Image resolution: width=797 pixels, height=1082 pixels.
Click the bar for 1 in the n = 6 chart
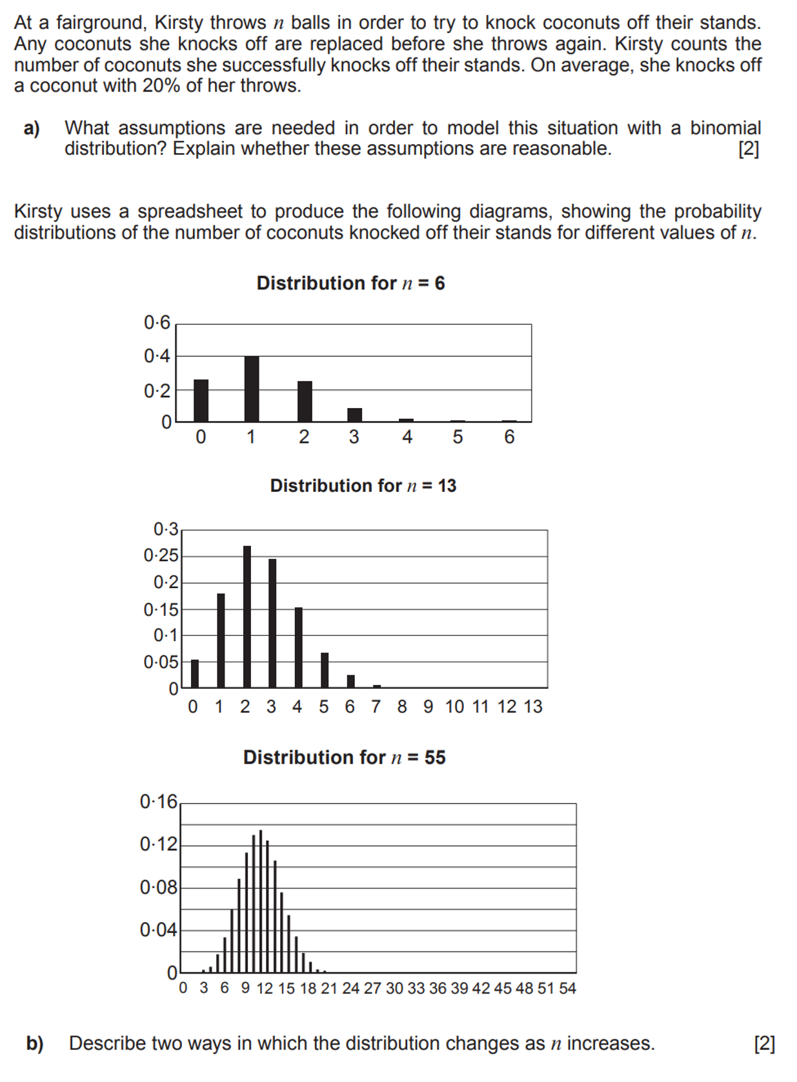coord(252,389)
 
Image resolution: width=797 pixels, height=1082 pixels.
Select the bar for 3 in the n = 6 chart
coord(354,415)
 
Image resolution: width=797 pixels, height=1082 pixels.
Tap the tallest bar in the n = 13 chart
coord(247,617)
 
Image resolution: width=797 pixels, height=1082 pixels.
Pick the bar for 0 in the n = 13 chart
coord(195,673)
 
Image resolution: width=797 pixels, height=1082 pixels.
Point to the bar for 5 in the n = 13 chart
coord(325,670)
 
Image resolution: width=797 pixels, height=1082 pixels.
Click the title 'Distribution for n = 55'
coord(344,757)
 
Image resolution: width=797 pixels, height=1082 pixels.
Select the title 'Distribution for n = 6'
coord(350,283)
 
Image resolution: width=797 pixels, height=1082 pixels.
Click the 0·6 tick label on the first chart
coord(157,322)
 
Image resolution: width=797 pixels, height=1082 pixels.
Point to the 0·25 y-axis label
coord(161,556)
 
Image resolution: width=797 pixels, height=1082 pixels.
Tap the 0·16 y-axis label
coord(158,802)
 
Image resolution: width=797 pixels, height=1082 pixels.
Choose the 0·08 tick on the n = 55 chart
coord(158,888)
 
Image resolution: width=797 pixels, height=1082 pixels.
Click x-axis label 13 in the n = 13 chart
coord(533,707)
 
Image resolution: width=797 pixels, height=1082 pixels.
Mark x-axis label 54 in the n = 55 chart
coord(567,988)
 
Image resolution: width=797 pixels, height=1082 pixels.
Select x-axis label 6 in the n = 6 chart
coord(509,438)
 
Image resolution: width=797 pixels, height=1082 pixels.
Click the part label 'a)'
coord(32,128)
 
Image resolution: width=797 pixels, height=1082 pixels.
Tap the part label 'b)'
coord(35,1043)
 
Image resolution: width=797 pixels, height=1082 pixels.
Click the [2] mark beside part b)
coord(764,1043)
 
